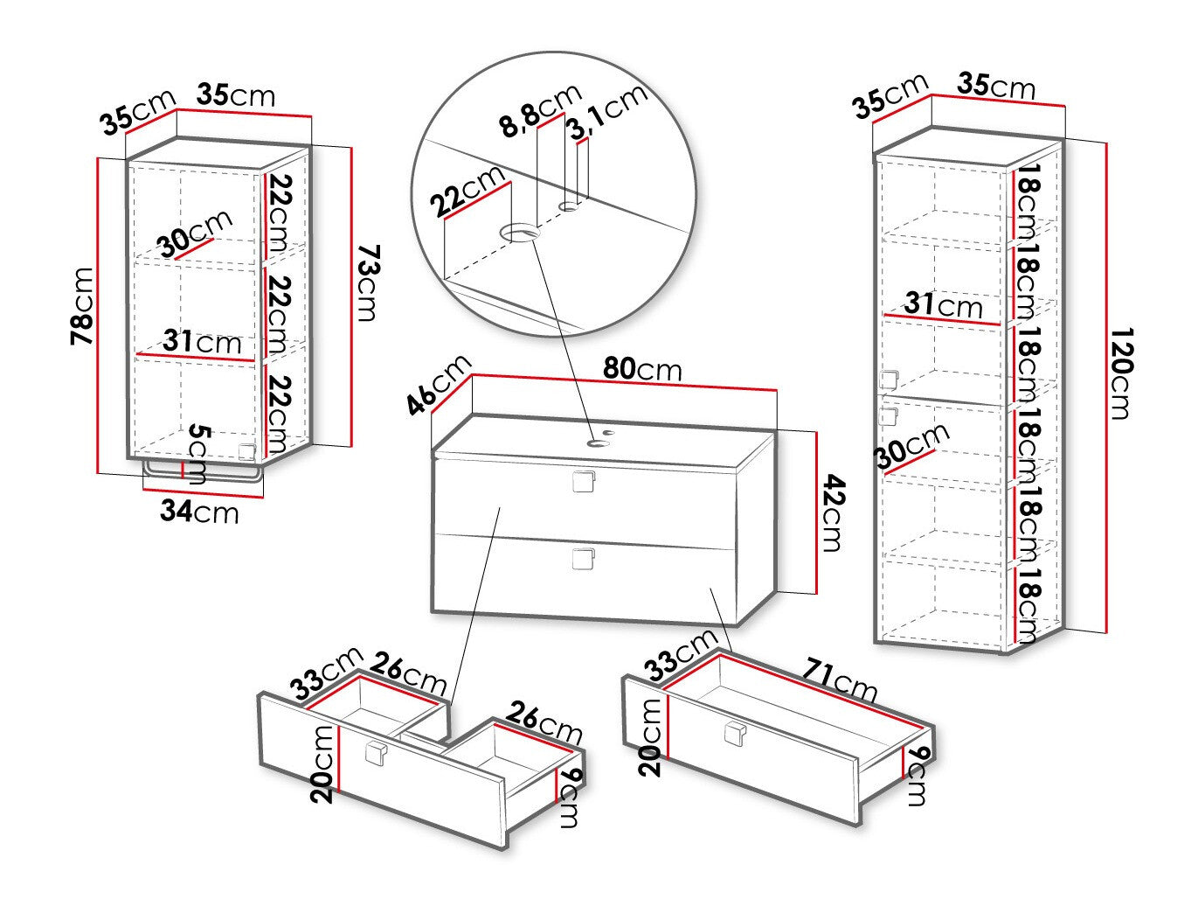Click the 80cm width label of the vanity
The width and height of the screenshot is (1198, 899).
pos(642,370)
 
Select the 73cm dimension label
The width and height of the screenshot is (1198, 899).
pos(369,283)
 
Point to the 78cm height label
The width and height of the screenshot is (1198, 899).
pos(82,306)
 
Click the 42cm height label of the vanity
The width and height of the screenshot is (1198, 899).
pos(833,513)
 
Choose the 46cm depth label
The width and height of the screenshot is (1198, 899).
pos(439,385)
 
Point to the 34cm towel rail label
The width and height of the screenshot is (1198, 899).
pos(199,512)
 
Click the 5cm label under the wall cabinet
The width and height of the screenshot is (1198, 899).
pos(197,455)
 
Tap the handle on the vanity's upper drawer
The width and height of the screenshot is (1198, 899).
pos(583,481)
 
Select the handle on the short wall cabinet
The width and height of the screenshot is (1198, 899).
pos(247,451)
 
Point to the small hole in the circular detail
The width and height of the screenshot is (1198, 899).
pos(570,206)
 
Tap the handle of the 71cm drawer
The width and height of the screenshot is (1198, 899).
pos(735,733)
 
